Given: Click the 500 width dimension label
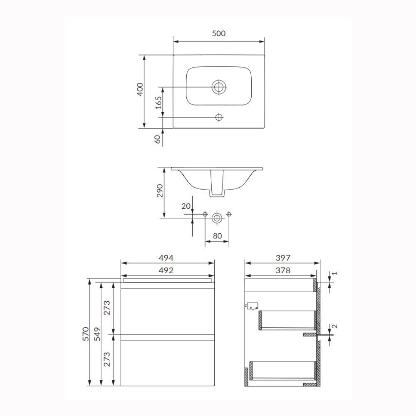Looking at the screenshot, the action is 219,33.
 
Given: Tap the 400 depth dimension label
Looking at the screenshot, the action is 140,89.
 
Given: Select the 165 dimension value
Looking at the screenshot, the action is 158,103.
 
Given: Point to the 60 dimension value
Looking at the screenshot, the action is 158,139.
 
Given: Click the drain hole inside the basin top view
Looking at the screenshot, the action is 219,87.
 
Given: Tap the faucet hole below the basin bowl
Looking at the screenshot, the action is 219,117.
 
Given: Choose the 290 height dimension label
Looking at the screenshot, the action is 160,191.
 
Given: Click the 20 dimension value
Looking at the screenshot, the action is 186,206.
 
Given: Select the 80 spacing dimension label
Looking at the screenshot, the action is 217,236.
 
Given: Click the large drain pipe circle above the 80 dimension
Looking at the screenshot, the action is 217,218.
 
